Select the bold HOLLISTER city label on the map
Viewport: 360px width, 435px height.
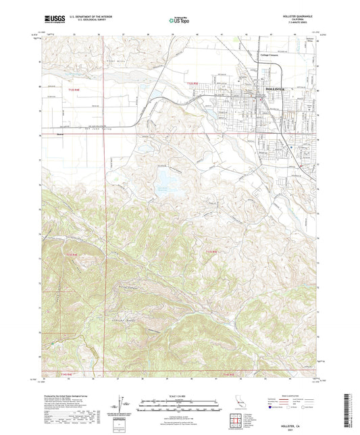[x=278, y=88]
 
